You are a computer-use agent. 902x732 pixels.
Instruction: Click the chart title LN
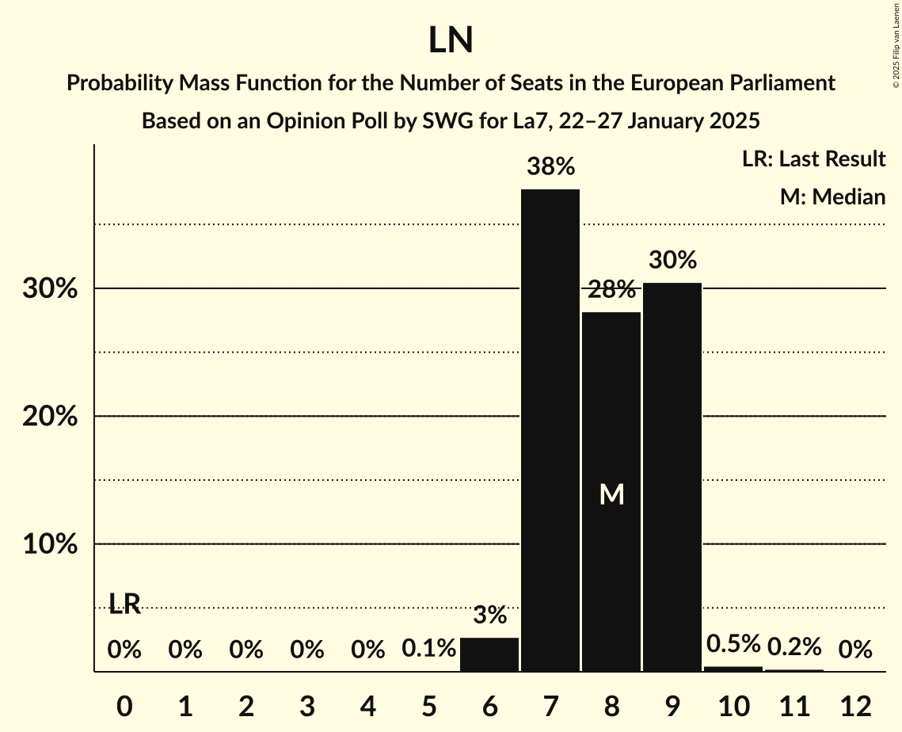[x=451, y=40]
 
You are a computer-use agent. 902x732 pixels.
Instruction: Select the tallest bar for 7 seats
[x=550, y=428]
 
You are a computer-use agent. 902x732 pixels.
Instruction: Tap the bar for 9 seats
[x=672, y=475]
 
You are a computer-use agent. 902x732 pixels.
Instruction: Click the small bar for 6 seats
[x=489, y=654]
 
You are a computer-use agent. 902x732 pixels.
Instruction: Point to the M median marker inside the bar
[x=611, y=494]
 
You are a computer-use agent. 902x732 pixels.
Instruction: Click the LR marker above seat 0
[x=124, y=604]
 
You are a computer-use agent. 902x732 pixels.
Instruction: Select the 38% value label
[x=550, y=167]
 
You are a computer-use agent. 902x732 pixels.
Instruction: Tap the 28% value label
[x=611, y=290]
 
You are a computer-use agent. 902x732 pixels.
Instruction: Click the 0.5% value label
[x=733, y=644]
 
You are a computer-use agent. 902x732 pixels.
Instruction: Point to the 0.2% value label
[x=794, y=647]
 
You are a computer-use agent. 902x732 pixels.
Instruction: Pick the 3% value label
[x=489, y=615]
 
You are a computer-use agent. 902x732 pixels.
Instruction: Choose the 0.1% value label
[x=428, y=650]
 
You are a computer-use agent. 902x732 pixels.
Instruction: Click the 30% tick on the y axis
[x=50, y=289]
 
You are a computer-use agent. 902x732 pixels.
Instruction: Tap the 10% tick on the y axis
[x=50, y=545]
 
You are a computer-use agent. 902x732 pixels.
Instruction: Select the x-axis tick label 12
[x=855, y=706]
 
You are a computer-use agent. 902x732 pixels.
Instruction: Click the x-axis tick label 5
[x=428, y=706]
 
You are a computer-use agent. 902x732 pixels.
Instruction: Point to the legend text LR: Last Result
[x=813, y=159]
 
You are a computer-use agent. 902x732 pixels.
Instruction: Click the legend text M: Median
[x=832, y=196]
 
